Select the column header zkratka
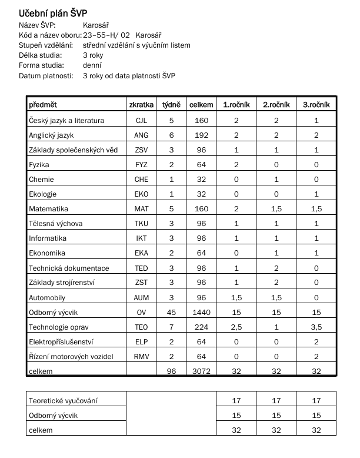[x=141, y=104]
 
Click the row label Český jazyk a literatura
[x=66, y=121]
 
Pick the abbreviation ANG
[x=141, y=135]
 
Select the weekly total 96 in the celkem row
[x=172, y=371]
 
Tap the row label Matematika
[x=49, y=209]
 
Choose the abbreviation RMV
[x=141, y=357]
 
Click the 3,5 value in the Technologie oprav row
[x=316, y=327]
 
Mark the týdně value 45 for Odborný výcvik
[x=172, y=313]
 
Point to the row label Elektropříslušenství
[x=62, y=342]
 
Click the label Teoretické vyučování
[x=63, y=401]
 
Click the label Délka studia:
[x=41, y=55]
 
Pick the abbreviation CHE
[x=141, y=180]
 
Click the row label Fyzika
[x=39, y=165]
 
